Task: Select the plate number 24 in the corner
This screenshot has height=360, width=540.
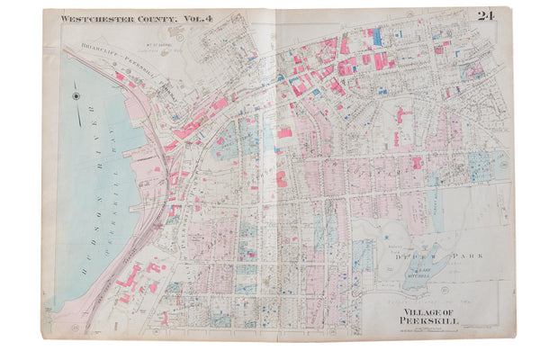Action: pos(486,15)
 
